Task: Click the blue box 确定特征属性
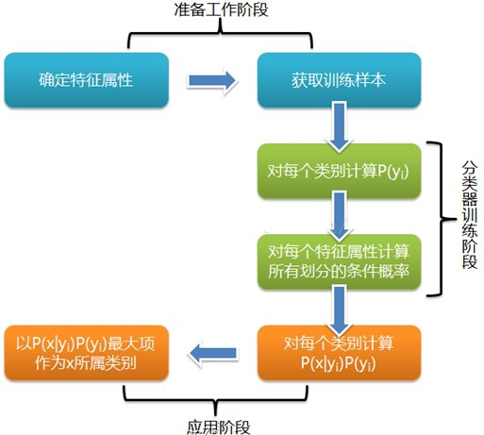86,80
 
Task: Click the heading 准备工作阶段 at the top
220,11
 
